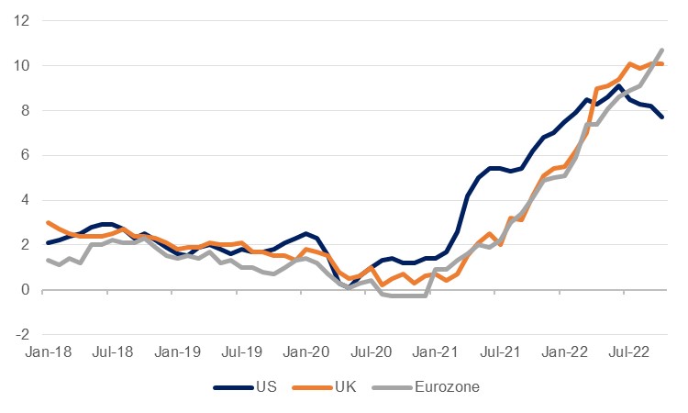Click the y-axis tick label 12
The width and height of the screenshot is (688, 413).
point(21,20)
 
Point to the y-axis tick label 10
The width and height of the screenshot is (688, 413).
point(21,65)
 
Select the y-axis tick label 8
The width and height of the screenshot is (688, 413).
point(25,110)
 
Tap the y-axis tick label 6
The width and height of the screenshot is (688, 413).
point(25,155)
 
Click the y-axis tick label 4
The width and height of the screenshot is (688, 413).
point(25,199)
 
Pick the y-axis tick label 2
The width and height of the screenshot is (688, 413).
point(25,244)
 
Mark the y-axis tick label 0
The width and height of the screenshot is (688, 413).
point(25,289)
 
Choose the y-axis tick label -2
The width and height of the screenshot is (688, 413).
point(22,334)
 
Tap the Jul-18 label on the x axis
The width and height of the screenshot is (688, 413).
point(110,352)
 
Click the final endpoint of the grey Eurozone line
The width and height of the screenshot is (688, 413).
point(662,50)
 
